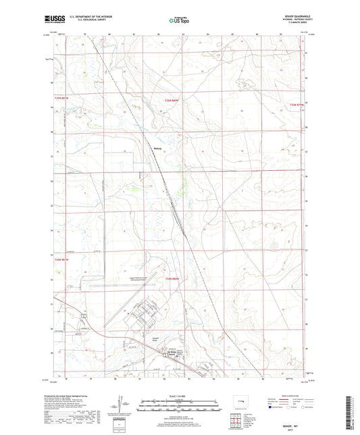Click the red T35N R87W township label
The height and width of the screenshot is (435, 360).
click(x=298, y=105)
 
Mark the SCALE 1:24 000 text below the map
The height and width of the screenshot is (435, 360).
click(x=180, y=395)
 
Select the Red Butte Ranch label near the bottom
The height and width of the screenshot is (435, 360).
click(x=172, y=353)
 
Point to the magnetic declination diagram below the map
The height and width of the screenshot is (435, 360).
click(x=122, y=407)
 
